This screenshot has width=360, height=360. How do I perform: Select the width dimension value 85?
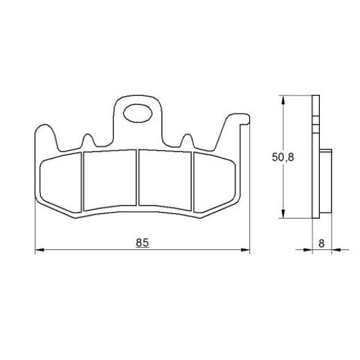pos(142,242)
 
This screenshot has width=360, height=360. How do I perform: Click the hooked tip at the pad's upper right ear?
pos(242,123)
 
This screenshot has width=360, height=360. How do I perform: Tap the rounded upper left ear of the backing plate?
pos(43,132)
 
